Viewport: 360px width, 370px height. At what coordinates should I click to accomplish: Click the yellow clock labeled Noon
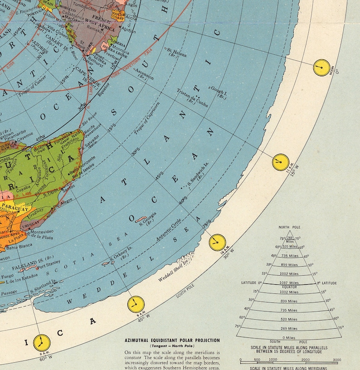pos(321,67)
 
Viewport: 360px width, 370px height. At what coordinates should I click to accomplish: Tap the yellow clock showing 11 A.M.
pos(281,162)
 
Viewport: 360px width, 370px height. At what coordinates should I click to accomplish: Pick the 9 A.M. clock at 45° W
pos(135,303)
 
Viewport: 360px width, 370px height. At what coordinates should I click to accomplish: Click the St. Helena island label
pos(176,52)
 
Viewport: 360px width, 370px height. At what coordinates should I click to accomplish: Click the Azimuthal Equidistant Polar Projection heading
pos(172,340)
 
